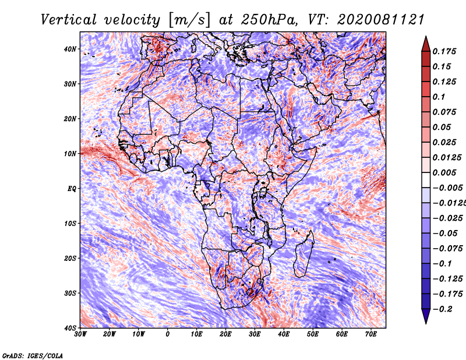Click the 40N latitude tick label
tap(70, 49)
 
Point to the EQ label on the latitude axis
tap(72, 189)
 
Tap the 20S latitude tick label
tap(70, 258)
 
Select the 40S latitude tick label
tap(70, 328)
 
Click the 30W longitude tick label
tap(80, 334)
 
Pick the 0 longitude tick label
tap(168, 334)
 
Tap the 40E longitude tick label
tap(284, 334)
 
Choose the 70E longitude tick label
tap(371, 334)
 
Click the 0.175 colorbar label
tap(444, 52)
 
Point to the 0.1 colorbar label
tap(439, 97)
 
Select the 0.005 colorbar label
tap(444, 172)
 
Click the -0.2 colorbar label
tap(443, 309)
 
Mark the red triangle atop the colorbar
tap(426, 44)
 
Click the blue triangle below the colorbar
tap(426, 316)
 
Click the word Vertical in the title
tap(69, 20)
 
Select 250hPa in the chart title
tap(269, 20)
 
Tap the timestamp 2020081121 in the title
tap(381, 20)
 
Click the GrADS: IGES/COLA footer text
tap(33, 355)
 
